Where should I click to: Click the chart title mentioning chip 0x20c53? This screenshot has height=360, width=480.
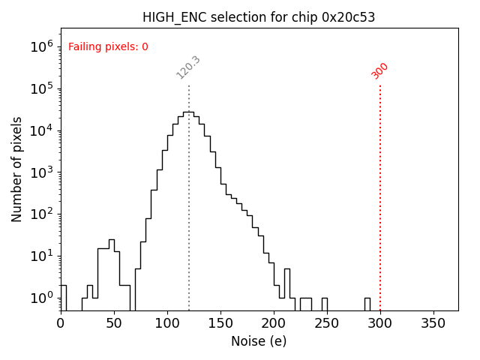[259, 17]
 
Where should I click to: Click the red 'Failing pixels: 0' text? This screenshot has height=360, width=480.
[108, 46]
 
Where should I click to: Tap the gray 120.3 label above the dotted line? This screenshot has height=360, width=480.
[188, 67]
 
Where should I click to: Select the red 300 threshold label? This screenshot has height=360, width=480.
[380, 70]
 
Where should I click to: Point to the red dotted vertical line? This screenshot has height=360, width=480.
[380, 195]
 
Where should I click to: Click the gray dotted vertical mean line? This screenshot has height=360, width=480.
[189, 195]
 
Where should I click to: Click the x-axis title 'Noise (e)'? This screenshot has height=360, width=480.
[259, 341]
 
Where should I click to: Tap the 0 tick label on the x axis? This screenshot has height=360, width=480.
[61, 323]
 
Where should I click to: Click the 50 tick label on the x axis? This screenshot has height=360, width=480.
[114, 323]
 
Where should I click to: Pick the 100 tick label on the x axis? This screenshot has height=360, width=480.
[167, 323]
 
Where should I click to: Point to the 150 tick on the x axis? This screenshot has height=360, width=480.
[220, 323]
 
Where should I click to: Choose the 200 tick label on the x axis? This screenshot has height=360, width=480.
[274, 323]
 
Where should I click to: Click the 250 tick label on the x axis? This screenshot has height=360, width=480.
[327, 323]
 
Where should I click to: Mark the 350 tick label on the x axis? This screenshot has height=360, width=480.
[433, 323]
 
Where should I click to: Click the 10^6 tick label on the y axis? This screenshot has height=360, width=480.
[41, 46]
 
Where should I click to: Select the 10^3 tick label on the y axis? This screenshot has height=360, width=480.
[41, 172]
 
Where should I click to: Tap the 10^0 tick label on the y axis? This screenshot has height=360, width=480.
[41, 298]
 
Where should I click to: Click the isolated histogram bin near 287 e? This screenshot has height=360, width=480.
[367, 304]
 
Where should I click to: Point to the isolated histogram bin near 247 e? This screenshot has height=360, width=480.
[325, 304]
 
